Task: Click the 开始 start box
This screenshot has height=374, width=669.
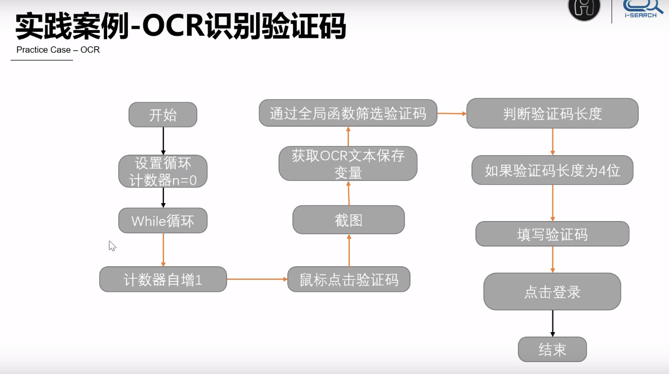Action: (x=163, y=115)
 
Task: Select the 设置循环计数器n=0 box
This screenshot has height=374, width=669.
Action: (x=163, y=171)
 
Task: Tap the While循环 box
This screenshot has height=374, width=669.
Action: (x=163, y=220)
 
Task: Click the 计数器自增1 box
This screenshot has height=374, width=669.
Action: (x=163, y=279)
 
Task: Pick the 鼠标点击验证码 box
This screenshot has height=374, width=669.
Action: (x=349, y=279)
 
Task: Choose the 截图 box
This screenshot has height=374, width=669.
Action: (x=349, y=220)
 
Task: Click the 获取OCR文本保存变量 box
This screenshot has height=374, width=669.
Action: (x=348, y=164)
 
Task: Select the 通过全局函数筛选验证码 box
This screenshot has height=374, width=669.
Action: (x=348, y=113)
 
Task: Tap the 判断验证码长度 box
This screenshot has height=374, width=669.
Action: (x=552, y=113)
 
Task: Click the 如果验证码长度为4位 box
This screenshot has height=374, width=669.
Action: (x=552, y=170)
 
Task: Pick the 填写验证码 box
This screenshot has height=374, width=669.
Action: (x=552, y=234)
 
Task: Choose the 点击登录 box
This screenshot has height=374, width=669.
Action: (x=552, y=291)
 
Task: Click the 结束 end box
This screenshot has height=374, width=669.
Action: (x=552, y=349)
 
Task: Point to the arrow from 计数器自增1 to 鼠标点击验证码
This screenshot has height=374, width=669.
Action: (x=257, y=279)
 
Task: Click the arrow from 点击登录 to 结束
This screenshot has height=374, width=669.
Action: (x=552, y=323)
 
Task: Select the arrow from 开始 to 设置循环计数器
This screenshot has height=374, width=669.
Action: (x=163, y=141)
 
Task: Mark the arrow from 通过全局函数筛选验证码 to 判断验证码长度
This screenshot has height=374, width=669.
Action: (x=451, y=113)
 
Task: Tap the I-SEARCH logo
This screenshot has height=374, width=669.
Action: (x=639, y=9)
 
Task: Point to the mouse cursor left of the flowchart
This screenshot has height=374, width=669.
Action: (x=112, y=246)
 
